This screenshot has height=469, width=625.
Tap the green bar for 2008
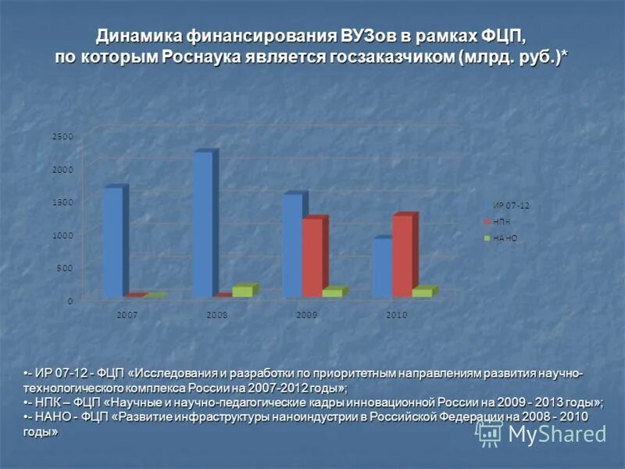242,291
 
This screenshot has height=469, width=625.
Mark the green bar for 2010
422,292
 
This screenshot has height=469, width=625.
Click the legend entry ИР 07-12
511,206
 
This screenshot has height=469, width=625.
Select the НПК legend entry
501,222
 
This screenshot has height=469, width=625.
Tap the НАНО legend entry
505,238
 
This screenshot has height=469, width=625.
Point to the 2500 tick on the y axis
62,137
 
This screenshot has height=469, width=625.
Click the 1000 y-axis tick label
62,235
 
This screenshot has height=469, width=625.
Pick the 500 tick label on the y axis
65,268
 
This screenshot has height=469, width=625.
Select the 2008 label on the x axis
217,314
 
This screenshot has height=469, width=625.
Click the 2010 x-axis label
396,314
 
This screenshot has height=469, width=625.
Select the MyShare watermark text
557,434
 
